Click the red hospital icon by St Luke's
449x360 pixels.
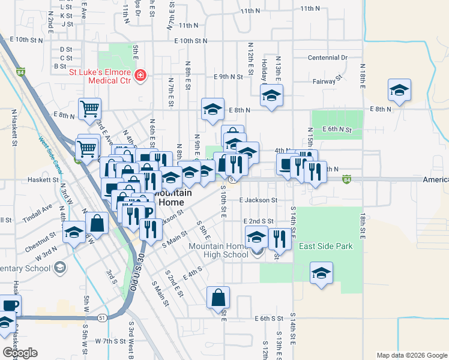[x=140, y=76]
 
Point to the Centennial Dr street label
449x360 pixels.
[x=328, y=58]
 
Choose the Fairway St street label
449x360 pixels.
[x=327, y=79]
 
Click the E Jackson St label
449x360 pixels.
[x=259, y=200]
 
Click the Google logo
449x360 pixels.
[x=20, y=353]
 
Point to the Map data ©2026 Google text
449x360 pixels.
[x=411, y=355]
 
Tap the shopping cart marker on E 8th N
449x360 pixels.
[x=89, y=109]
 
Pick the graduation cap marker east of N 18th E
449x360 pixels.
[x=399, y=90]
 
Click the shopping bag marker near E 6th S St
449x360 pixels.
[x=218, y=297]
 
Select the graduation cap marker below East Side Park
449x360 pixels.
[x=321, y=273]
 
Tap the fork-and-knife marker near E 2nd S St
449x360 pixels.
[x=279, y=239]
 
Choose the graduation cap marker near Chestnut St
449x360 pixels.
[x=74, y=233]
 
